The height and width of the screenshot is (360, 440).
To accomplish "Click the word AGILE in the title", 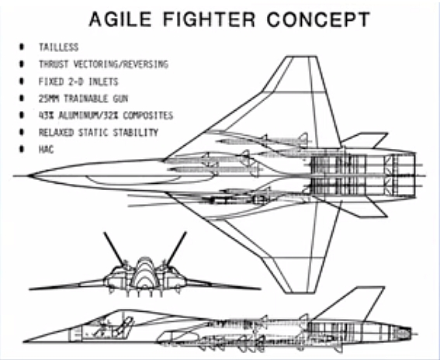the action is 120,19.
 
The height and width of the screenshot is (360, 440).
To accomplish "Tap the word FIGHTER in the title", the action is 209,19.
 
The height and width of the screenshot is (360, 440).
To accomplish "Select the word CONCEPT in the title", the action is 318,19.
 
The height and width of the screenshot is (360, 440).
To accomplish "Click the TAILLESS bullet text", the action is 58,47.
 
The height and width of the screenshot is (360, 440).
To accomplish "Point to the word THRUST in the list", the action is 54,64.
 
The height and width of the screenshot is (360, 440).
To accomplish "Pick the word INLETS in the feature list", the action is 103,81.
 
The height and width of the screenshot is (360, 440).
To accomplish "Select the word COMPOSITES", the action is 148,116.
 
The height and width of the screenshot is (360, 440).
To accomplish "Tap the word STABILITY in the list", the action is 136,132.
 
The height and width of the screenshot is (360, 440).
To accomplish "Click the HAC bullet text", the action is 46,149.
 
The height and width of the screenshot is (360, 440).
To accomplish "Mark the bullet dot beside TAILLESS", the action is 22,47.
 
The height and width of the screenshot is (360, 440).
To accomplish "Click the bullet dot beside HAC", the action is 22,149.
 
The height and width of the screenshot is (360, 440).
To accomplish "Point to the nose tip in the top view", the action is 29,176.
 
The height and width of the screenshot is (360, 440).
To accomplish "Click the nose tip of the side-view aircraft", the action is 23,341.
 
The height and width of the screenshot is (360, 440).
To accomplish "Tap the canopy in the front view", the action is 144,273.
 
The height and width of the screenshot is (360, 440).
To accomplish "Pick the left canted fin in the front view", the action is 114,249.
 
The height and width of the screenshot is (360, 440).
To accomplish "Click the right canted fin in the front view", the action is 176,249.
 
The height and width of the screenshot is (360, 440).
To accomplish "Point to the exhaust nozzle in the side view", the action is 402,334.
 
